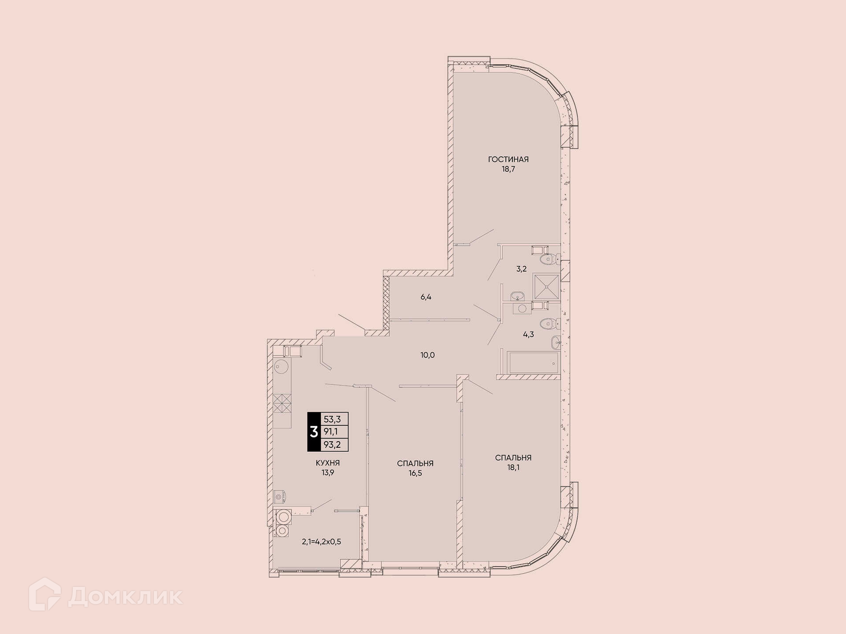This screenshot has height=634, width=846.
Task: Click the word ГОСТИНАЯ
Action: pos(508,159)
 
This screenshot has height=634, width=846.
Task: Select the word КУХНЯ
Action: pos(327,463)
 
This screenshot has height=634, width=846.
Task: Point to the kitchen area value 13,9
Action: pos(327,473)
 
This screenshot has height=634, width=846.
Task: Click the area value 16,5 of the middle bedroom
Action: pos(415,473)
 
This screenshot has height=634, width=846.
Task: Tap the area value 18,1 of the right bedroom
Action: pos(513,468)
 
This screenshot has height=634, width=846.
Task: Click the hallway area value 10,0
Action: pos(427,355)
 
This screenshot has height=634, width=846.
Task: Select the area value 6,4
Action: pos(426,297)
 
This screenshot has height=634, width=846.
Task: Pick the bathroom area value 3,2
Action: pos(521,269)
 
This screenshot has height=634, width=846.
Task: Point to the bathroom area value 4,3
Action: pos(528,335)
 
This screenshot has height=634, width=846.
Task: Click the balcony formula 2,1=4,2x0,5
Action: pos(321,542)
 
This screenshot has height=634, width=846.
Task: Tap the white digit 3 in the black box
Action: pos(314,432)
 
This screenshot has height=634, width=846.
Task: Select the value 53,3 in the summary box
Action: pos(332,419)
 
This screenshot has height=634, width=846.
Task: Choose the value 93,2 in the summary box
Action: pos(332,445)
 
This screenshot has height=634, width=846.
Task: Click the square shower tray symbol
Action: pos(546,287)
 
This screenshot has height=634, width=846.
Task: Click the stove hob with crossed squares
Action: pos(282,403)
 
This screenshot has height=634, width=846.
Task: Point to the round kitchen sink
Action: pos(281,365)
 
